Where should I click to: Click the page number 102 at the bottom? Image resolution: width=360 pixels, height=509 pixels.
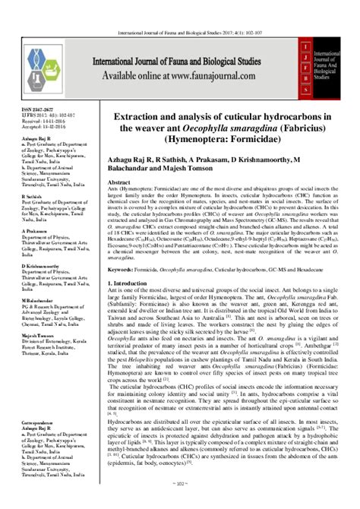[179, 502]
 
